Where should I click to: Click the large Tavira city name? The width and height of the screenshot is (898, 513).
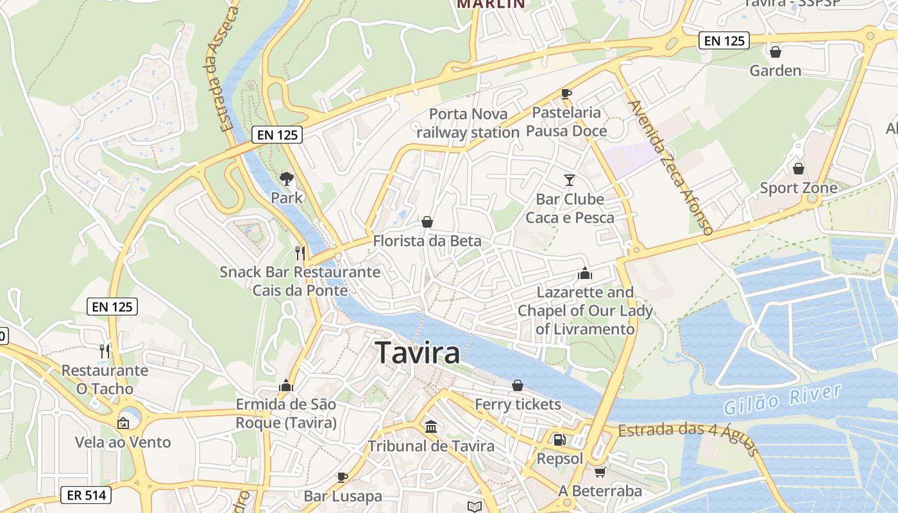click(x=417, y=353)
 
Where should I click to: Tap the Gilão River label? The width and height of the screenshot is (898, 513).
click(x=782, y=399)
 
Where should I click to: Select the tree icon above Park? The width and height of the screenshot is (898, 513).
click(x=287, y=179)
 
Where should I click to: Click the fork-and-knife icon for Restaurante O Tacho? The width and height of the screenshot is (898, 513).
click(x=105, y=351)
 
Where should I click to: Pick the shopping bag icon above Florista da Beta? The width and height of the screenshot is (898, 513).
click(x=427, y=222)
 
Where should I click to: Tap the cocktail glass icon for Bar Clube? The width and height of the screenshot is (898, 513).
click(x=570, y=180)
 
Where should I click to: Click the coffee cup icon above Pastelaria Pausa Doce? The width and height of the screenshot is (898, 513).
click(x=566, y=94)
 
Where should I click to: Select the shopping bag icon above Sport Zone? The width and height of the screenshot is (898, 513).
click(x=799, y=169)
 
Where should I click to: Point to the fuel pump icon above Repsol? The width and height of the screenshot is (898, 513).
click(x=560, y=440)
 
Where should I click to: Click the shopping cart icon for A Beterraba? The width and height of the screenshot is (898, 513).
click(x=600, y=472)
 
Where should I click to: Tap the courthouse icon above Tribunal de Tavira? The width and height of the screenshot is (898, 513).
click(x=431, y=426)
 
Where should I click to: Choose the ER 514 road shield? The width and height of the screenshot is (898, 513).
click(x=86, y=495)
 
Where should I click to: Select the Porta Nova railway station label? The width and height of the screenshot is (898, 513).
click(x=468, y=123)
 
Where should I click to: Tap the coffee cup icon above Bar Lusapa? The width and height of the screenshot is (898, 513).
click(x=343, y=477)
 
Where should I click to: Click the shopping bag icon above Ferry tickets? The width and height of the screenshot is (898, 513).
click(x=518, y=385)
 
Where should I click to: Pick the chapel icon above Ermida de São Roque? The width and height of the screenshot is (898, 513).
click(x=286, y=385)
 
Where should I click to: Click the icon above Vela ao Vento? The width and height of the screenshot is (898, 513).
click(x=123, y=423)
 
